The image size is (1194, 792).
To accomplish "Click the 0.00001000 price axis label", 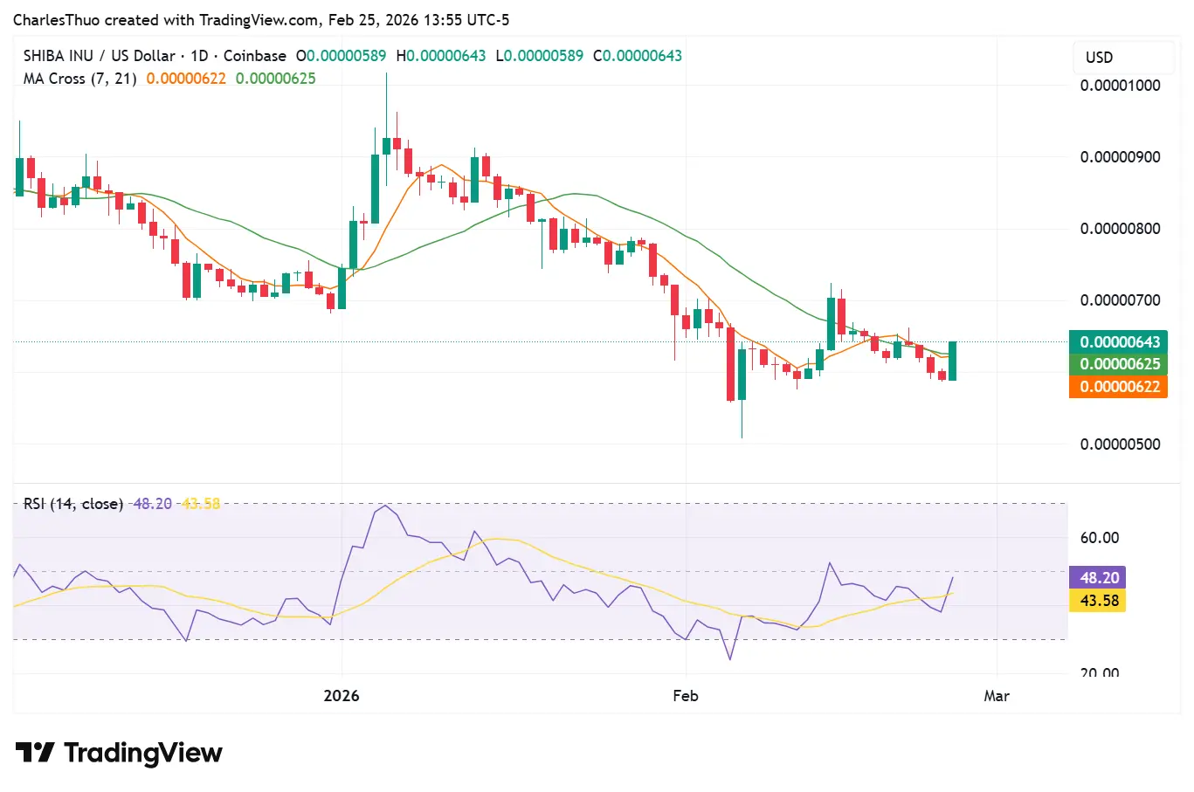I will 1120,86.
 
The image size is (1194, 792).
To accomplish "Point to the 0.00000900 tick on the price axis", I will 1120,157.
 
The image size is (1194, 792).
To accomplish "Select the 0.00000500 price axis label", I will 1120,444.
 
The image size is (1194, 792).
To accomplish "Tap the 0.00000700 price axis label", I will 1120,300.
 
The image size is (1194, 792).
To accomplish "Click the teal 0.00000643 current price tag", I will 1119,342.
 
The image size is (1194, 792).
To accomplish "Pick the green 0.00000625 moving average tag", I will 1119,364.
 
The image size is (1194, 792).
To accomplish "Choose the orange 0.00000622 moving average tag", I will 1119,387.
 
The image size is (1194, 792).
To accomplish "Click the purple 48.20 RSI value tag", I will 1099,578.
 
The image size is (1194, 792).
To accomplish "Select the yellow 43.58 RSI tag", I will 1099,601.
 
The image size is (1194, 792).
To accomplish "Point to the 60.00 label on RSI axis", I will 1099,538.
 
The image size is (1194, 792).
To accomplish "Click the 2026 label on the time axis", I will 342,696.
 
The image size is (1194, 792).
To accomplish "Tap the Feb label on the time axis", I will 686,696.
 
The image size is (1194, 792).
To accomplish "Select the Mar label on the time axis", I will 997,696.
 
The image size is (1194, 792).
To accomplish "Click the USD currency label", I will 1099,58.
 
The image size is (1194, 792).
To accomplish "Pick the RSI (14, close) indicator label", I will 73,504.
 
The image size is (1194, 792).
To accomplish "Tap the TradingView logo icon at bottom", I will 35,753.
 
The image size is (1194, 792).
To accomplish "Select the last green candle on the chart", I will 952,361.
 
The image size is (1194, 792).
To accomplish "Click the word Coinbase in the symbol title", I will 254,56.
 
